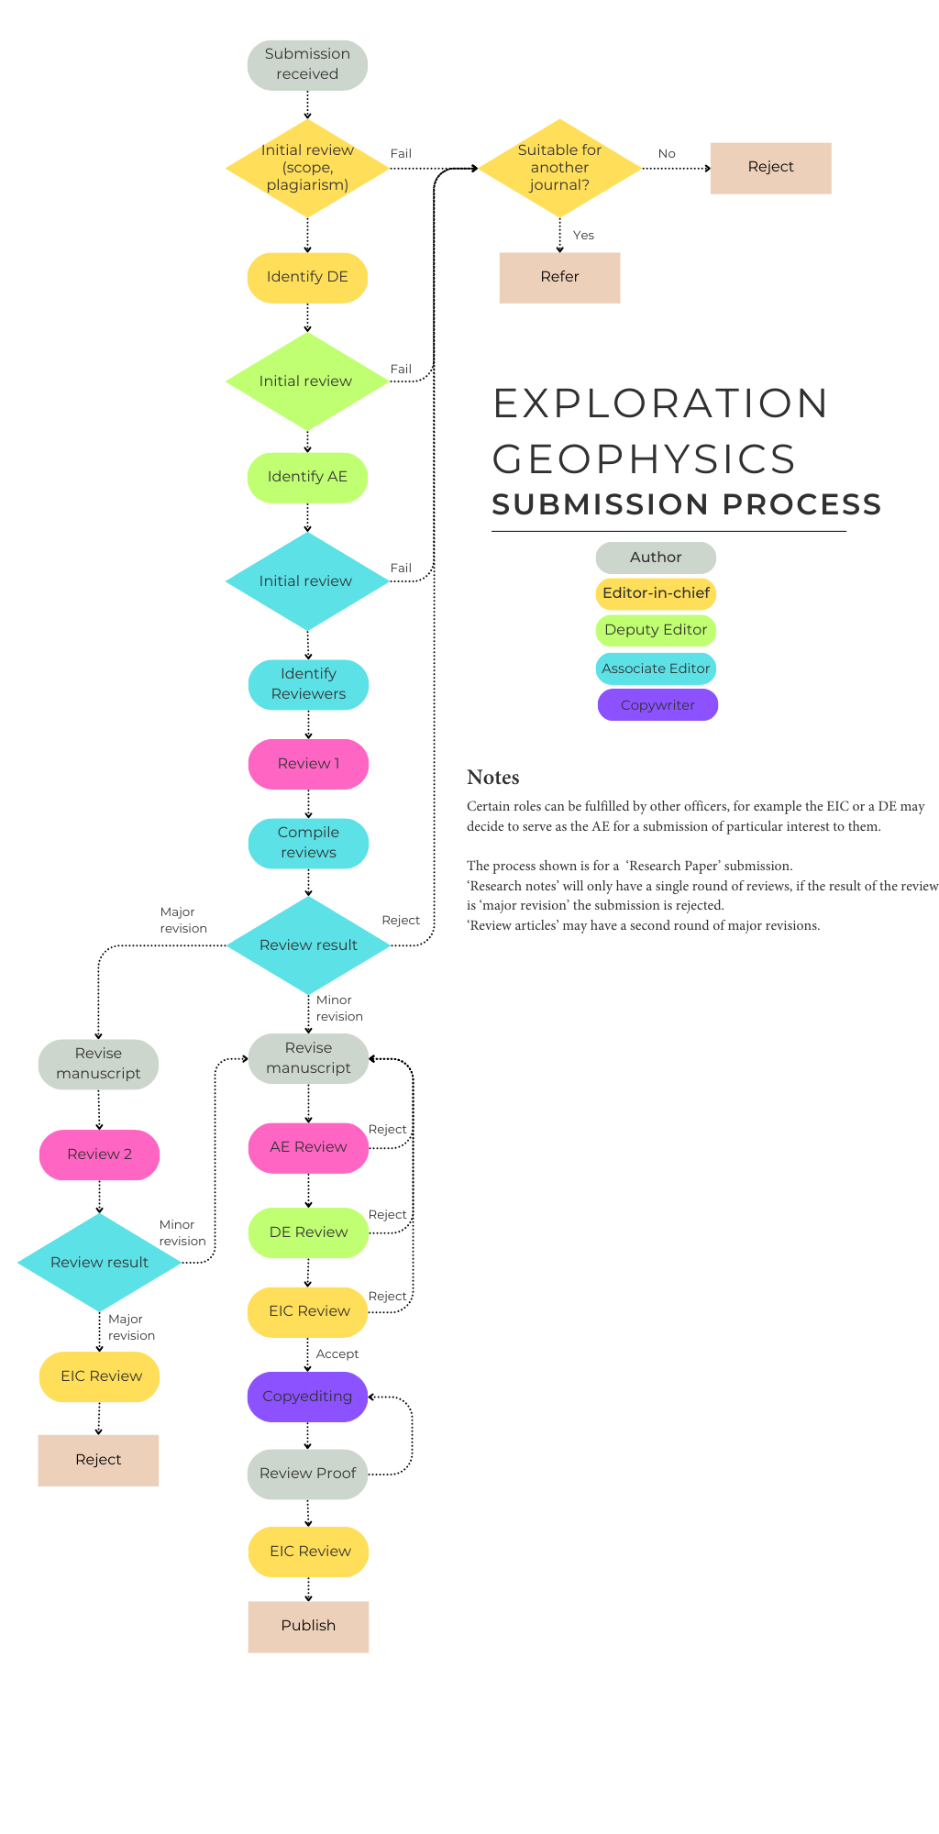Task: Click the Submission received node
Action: (307, 64)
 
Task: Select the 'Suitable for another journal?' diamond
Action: (559, 168)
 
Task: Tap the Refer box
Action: (559, 277)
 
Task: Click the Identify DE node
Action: (307, 277)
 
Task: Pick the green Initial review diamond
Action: (307, 381)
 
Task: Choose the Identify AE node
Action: (307, 477)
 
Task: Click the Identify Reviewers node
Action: (308, 684)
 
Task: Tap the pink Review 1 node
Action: (308, 764)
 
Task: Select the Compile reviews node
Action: (308, 843)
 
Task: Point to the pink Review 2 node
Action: (99, 1155)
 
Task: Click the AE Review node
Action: (308, 1147)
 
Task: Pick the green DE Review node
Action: (308, 1232)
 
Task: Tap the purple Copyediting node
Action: (307, 1397)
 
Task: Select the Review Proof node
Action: (307, 1474)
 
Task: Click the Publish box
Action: (308, 1626)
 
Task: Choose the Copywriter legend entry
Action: (657, 705)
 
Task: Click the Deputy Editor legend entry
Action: (656, 630)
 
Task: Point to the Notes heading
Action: (492, 778)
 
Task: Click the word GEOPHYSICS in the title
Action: (644, 458)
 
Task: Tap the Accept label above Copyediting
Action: (337, 1354)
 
